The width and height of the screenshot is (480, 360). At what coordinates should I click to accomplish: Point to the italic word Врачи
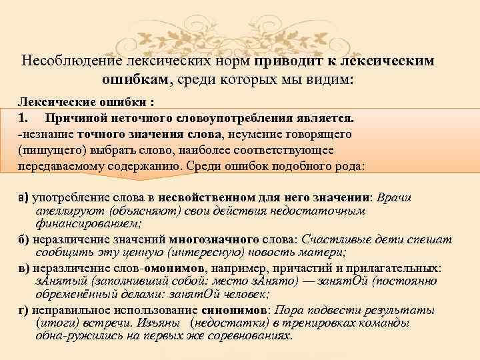click(x=395, y=198)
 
